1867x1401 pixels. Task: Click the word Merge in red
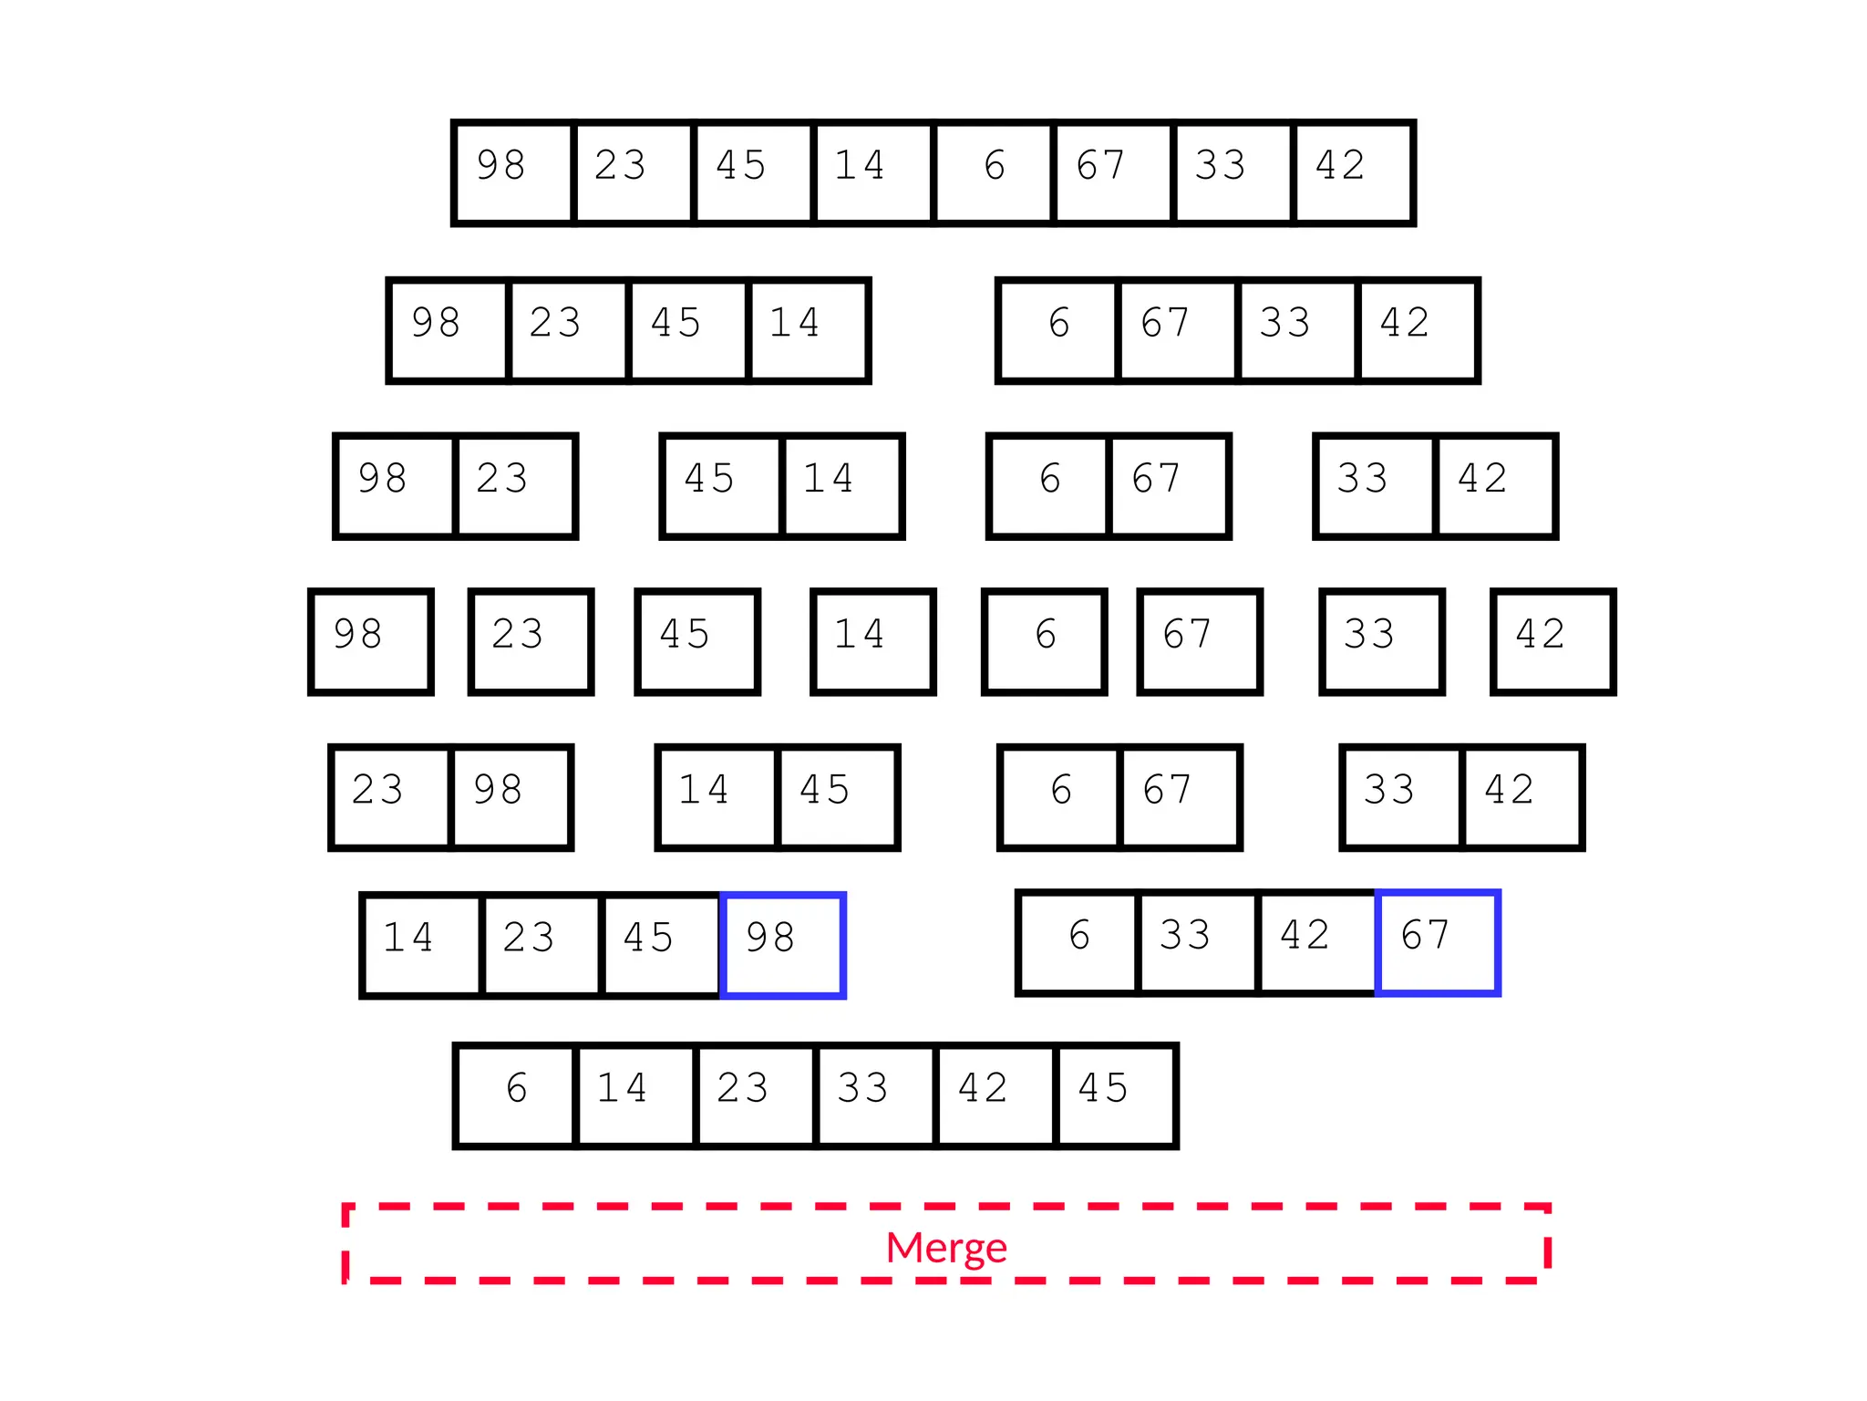click(x=946, y=1247)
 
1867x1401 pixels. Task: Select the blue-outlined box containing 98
click(x=783, y=945)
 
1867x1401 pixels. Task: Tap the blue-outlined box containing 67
click(x=1438, y=942)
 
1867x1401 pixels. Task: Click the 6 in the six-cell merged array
click(x=516, y=1095)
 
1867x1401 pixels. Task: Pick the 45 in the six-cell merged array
click(x=1115, y=1095)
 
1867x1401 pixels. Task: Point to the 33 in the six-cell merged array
click(x=875, y=1095)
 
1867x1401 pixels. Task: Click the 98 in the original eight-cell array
click(x=513, y=172)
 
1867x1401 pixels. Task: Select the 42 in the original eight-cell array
click(x=1353, y=172)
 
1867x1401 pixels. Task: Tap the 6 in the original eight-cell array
click(x=994, y=172)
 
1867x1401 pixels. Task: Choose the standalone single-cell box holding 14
click(x=872, y=641)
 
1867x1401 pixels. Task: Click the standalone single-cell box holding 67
click(x=1199, y=641)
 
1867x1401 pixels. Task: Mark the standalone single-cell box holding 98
click(x=370, y=641)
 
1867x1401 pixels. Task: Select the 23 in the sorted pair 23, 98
click(x=390, y=797)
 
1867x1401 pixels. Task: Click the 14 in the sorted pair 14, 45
click(x=717, y=797)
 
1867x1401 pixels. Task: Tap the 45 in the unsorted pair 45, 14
click(x=722, y=486)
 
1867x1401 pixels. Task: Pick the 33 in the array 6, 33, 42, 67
click(x=1197, y=942)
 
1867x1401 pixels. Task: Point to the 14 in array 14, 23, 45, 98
click(x=421, y=945)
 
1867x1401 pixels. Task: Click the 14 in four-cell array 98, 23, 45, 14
click(x=808, y=330)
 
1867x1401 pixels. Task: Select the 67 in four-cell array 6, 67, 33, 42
click(x=1177, y=330)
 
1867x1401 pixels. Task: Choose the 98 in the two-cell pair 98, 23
click(x=395, y=486)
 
